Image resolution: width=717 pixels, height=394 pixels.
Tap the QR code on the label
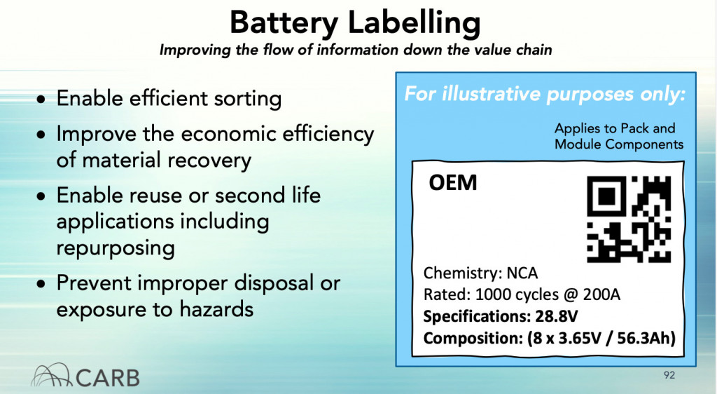click(629, 219)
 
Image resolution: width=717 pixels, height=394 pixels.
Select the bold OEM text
click(453, 182)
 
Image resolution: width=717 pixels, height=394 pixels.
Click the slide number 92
click(669, 375)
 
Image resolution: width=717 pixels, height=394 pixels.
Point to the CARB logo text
click(107, 378)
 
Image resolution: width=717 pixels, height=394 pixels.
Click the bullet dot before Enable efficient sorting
click(41, 100)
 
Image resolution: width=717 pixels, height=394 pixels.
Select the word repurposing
click(116, 249)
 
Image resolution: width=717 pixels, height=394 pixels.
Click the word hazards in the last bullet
click(216, 309)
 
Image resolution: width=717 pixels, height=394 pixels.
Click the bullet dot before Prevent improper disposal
click(41, 284)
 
